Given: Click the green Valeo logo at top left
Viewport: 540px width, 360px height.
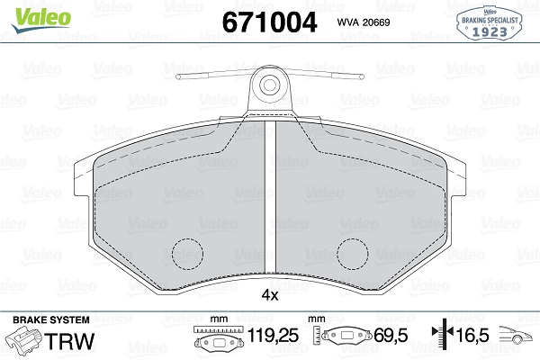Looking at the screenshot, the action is pyautogui.click(x=40, y=20).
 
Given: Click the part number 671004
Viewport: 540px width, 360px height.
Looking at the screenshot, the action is pyautogui.click(x=269, y=22).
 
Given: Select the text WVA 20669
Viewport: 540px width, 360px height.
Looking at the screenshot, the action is pyautogui.click(x=364, y=22).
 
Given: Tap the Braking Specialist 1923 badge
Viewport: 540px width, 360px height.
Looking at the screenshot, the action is pyautogui.click(x=489, y=22).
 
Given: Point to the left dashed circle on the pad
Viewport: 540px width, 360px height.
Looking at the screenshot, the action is pyautogui.click(x=188, y=254).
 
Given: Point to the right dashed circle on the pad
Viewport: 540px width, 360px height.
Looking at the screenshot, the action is pyautogui.click(x=353, y=254).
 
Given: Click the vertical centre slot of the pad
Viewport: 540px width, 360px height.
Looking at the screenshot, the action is pyautogui.click(x=270, y=196).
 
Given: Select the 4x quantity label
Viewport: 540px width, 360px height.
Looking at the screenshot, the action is pyautogui.click(x=270, y=295).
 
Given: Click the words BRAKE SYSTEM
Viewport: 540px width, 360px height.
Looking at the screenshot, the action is pyautogui.click(x=51, y=319).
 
